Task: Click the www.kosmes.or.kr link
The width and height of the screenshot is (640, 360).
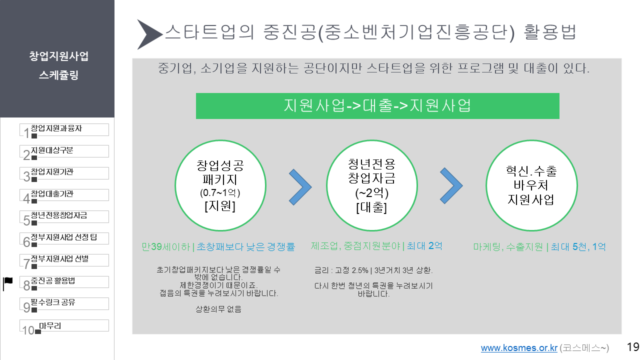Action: click(x=519, y=348)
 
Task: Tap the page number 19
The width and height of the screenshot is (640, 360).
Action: click(x=632, y=347)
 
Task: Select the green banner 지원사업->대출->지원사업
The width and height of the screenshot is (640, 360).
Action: click(x=377, y=105)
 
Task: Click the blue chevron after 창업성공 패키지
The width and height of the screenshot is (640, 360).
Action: click(x=300, y=186)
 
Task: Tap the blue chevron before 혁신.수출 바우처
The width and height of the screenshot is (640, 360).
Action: click(x=451, y=186)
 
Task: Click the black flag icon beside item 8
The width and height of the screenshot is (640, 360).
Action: click(x=8, y=282)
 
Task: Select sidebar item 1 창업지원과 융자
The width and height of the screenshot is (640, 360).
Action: click(x=65, y=129)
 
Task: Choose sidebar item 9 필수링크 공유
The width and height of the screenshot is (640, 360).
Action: click(x=65, y=303)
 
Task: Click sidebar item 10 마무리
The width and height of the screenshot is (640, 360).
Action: click(x=65, y=325)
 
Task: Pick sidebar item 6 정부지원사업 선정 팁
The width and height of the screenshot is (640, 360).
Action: click(x=65, y=238)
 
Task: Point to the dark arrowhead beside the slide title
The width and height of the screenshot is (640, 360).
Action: click(x=148, y=34)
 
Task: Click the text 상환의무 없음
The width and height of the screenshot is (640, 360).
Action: click(x=218, y=309)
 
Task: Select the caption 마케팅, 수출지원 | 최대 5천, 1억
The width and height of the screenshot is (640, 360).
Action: click(x=539, y=246)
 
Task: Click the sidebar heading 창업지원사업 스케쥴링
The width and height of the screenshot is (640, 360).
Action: click(x=58, y=65)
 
